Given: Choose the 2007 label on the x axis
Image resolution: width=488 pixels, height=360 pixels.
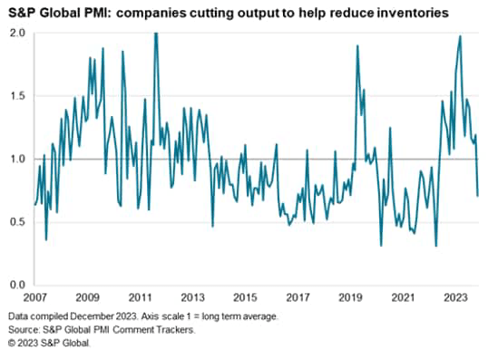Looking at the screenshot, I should coord(35,297).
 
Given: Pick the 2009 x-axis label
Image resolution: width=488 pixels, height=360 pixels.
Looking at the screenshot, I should coord(88,297).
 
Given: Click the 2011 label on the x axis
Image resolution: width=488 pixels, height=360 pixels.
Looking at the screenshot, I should coord(141,297).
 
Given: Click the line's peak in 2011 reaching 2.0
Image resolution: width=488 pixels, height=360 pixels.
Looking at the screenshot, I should coord(156,34).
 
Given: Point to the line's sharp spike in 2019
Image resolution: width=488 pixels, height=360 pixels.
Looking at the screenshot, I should coord(356,45).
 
